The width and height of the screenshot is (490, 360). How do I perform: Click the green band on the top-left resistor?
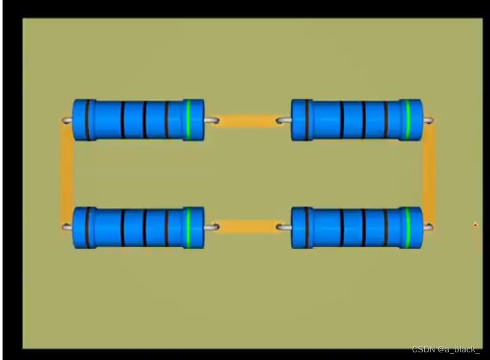[188, 120]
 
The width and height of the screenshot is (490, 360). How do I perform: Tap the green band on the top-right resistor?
[408, 120]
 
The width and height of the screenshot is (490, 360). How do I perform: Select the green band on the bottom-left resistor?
[188, 227]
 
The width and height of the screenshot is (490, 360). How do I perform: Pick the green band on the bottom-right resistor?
[408, 227]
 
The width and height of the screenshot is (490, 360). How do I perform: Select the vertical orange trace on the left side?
[66, 173]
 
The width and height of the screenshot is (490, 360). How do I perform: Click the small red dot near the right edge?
[475, 224]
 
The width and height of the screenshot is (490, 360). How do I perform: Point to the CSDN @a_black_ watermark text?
[445, 349]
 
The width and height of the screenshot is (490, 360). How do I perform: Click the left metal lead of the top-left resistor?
[67, 120]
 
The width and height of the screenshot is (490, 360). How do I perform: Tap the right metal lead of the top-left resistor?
[211, 120]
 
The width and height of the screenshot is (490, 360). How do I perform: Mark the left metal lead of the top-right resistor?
[285, 120]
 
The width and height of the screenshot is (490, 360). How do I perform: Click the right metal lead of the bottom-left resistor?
[211, 226]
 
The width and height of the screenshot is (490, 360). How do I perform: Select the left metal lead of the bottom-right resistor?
[285, 226]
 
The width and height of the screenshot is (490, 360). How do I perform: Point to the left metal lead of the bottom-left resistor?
[67, 226]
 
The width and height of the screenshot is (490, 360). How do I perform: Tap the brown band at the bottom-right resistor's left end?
[307, 227]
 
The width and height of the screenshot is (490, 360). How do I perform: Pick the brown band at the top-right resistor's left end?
[307, 120]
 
